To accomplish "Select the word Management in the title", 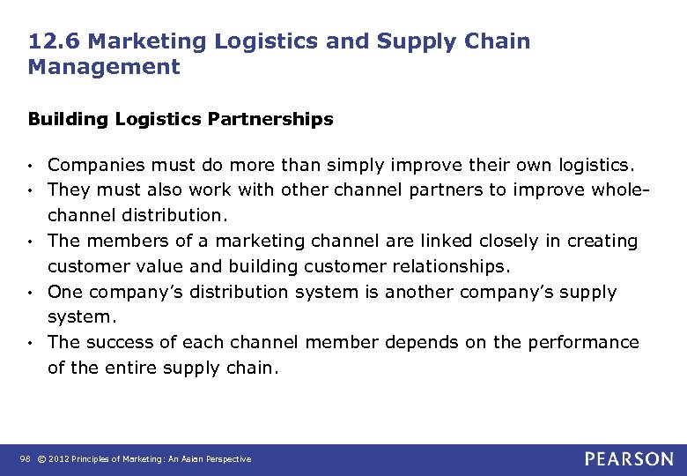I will pos(104,66).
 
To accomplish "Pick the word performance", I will pos(585,342).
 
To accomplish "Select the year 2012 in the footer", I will pos(58,459).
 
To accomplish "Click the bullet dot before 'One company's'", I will pos(32,293).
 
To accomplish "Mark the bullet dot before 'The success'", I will pos(32,343).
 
